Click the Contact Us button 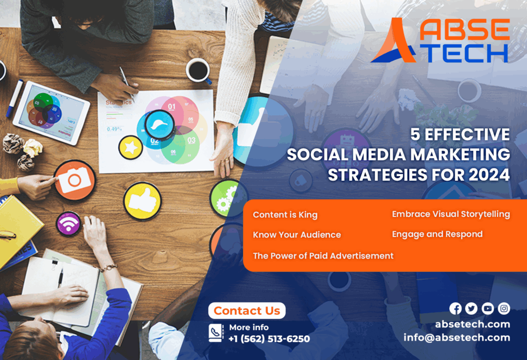(247, 311)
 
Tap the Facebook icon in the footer (455, 308)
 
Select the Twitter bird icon (471, 308)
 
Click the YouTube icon (488, 308)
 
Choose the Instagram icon (504, 308)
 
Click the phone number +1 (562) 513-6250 (269, 339)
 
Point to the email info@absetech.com (457, 337)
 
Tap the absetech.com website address (472, 324)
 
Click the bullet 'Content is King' (285, 215)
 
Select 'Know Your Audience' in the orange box (297, 235)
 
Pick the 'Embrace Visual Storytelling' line (451, 214)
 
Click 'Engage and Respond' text (437, 234)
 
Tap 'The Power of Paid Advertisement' (323, 255)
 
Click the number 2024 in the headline (489, 175)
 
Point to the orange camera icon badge (75, 180)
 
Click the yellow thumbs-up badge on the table (143, 201)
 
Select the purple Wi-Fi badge (68, 224)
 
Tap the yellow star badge (131, 147)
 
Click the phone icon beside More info (216, 333)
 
